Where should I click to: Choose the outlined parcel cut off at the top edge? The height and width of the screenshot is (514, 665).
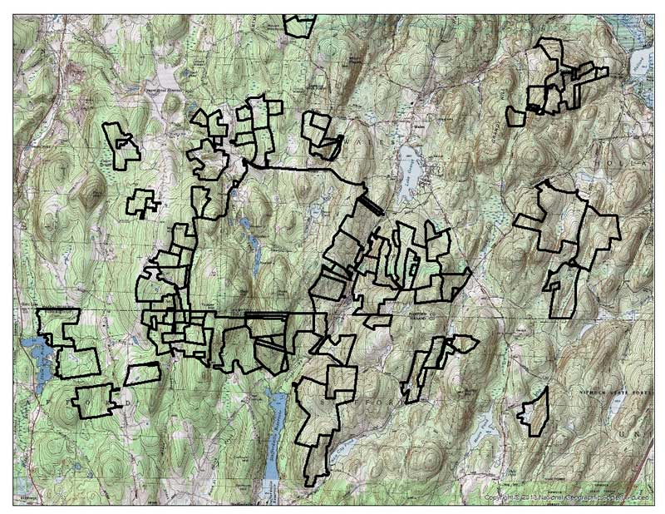(x=298, y=25)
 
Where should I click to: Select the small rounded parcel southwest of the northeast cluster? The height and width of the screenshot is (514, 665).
(x=516, y=116)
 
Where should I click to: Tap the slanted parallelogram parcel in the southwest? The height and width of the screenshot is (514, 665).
(x=142, y=373)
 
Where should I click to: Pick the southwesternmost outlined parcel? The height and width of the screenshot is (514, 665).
(x=93, y=402)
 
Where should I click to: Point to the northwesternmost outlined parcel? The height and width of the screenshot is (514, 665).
(x=120, y=143)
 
